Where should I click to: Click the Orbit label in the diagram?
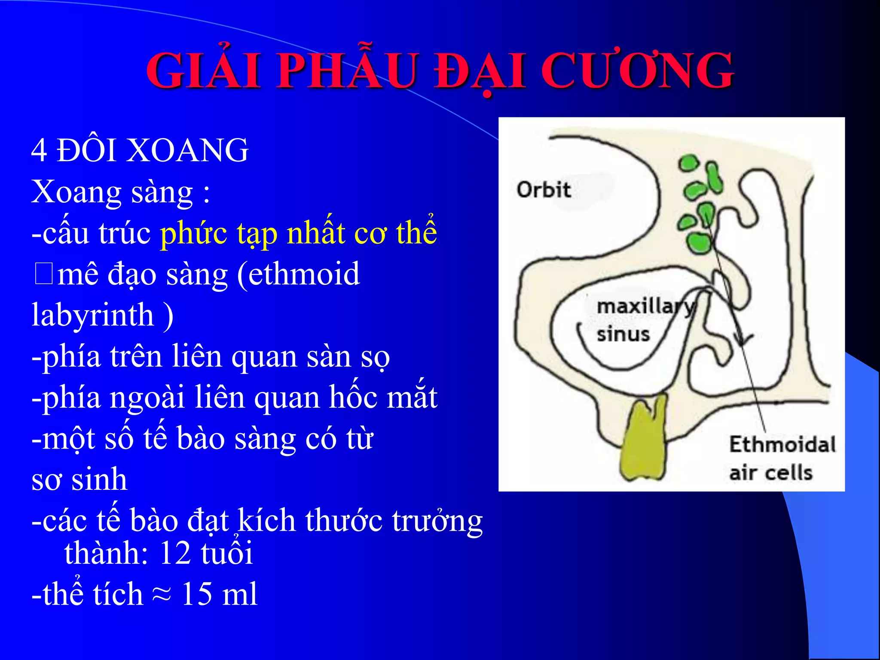tap(544, 190)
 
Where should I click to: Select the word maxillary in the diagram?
tap(645, 307)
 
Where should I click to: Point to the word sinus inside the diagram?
tap(623, 334)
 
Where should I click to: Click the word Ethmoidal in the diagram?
tap(782, 444)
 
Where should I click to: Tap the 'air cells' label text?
tap(771, 473)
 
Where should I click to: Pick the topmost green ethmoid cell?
tap(688, 163)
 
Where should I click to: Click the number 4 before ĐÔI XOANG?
tap(39, 150)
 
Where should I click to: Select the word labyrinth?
tap(93, 315)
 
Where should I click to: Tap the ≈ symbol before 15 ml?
tap(162, 594)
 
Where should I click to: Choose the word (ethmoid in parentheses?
tap(298, 274)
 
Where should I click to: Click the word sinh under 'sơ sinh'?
tap(99, 480)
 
